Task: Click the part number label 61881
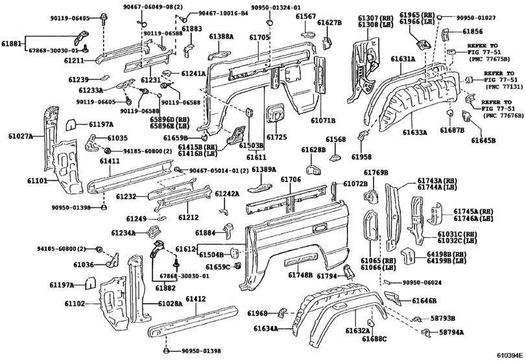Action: (12, 44)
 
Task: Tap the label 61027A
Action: (21, 135)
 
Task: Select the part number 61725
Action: (277, 137)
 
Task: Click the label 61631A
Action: (403, 59)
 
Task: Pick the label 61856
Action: (473, 31)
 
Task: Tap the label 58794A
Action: (451, 332)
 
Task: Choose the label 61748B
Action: (300, 275)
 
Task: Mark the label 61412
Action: (196, 299)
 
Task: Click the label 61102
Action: (75, 303)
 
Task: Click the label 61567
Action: (306, 16)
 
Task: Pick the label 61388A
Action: (221, 37)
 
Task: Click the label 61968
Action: (257, 314)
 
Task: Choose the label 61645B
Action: (483, 139)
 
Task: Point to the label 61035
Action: (117, 138)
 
